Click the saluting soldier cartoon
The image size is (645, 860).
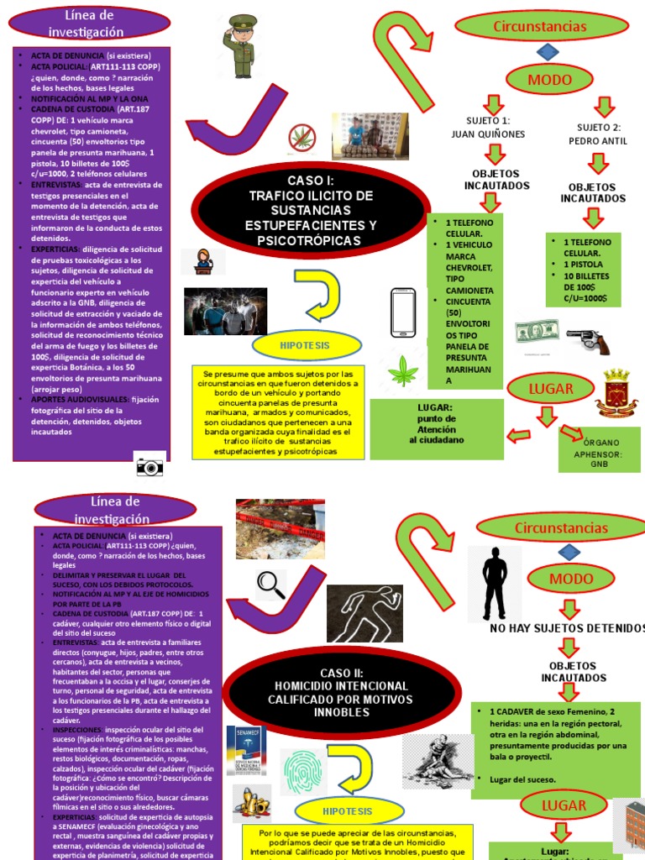tap(240, 46)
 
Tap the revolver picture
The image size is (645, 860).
tap(587, 339)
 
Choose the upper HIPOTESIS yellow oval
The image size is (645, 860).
tap(306, 345)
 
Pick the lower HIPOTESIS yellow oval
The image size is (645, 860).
tap(347, 810)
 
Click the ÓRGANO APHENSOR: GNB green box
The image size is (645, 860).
tap(599, 448)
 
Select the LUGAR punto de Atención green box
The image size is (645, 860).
tap(437, 428)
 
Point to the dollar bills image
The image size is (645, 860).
tap(537, 333)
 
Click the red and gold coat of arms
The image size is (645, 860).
tap(616, 392)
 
